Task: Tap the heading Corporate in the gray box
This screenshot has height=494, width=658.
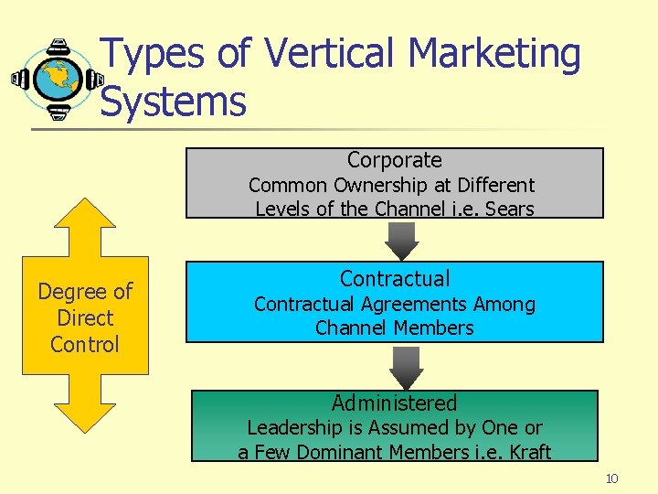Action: pos(394,160)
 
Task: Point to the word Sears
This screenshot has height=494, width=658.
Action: pos(509,209)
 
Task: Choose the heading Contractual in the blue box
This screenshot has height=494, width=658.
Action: pos(395,278)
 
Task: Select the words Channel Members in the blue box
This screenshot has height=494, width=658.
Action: pos(395,328)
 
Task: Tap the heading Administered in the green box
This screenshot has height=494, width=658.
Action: pos(394,403)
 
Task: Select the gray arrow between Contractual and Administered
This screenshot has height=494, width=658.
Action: pos(406,367)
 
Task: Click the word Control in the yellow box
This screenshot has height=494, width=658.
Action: pos(85,345)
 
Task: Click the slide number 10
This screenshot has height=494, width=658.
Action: pos(611,479)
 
